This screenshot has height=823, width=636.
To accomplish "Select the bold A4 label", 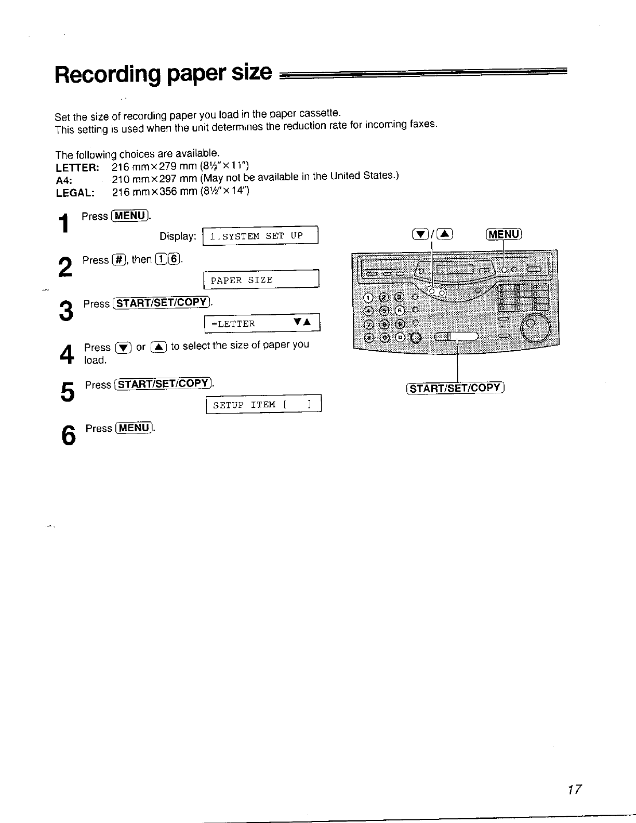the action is pyautogui.click(x=63, y=180).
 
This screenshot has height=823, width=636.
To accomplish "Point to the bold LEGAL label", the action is pyautogui.click(x=75, y=192).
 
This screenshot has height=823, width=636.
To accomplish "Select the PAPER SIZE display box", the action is pyautogui.click(x=261, y=280).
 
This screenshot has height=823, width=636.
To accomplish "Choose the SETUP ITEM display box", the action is pyautogui.click(x=264, y=404).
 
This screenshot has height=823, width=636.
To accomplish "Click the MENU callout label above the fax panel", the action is pyautogui.click(x=503, y=234).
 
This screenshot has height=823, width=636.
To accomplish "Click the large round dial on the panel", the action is pyautogui.click(x=535, y=326).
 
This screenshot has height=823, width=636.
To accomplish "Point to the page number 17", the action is pyautogui.click(x=574, y=790).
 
